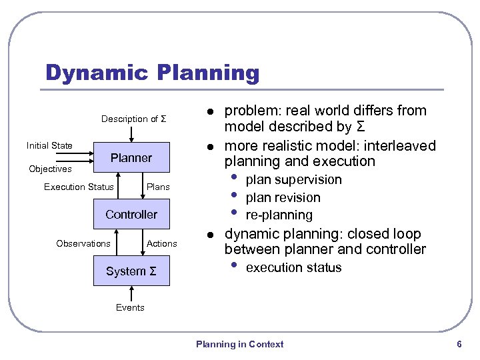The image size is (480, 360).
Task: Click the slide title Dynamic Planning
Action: [x=152, y=73]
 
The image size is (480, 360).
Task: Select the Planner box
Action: [x=131, y=158]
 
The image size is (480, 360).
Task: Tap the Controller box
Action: [x=131, y=215]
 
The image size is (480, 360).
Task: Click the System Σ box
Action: [x=131, y=271]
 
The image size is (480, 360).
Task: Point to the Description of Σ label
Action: [x=133, y=119]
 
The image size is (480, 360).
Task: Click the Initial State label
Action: [x=49, y=145]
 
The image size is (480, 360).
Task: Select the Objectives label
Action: [x=50, y=169]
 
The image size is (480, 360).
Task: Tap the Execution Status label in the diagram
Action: [x=79, y=187]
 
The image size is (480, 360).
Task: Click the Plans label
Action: [x=158, y=187]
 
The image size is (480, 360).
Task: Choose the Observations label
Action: [x=83, y=243]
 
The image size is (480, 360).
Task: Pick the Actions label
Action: [x=162, y=243]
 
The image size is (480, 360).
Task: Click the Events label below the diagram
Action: [x=130, y=307]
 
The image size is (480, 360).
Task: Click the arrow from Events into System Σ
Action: [x=132, y=293]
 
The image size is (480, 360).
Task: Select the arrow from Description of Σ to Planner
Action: [x=132, y=133]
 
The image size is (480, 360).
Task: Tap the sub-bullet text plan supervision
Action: [x=293, y=180]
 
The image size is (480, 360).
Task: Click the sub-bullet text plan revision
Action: [x=283, y=198]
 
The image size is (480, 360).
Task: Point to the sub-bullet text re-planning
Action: [x=279, y=215]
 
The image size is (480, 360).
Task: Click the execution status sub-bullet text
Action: [x=293, y=268]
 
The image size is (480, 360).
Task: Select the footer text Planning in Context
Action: [x=239, y=344]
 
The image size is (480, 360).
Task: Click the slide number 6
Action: [x=459, y=344]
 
